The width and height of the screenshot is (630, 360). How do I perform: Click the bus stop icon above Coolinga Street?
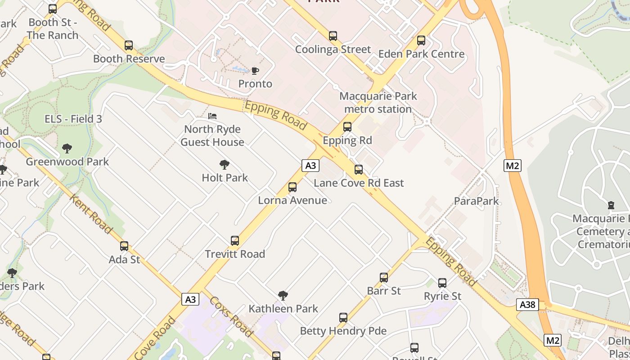click(x=333, y=36)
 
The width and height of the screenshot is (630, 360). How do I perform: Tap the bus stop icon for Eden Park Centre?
click(x=421, y=40)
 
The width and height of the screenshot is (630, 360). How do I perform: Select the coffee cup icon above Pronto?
click(x=255, y=71)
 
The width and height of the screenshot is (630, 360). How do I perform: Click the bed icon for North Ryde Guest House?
click(x=212, y=116)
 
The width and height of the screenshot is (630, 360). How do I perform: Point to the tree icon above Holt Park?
click(x=225, y=165)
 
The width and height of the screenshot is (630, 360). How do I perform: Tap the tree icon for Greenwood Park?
click(x=67, y=148)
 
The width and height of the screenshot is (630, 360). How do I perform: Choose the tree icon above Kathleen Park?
click(x=283, y=296)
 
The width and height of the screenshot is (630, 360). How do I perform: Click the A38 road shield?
click(x=527, y=305)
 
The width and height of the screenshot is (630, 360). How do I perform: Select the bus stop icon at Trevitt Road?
click(x=235, y=241)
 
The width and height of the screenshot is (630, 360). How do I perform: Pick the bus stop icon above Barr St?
click(x=384, y=278)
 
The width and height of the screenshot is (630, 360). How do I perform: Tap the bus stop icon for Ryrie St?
click(x=442, y=283)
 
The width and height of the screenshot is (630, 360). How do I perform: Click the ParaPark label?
click(x=477, y=201)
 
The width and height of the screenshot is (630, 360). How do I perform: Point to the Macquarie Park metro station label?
click(x=378, y=103)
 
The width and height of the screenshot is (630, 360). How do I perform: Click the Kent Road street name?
click(x=91, y=214)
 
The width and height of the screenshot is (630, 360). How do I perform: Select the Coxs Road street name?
click(x=231, y=317)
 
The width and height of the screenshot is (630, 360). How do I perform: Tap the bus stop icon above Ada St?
click(x=124, y=246)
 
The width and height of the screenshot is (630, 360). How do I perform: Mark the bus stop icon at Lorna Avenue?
click(x=292, y=187)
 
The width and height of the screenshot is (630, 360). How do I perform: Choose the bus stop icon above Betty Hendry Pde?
click(x=343, y=318)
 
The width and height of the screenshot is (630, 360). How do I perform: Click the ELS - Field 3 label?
click(x=73, y=119)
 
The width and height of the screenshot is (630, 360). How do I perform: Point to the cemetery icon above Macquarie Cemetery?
click(x=611, y=206)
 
